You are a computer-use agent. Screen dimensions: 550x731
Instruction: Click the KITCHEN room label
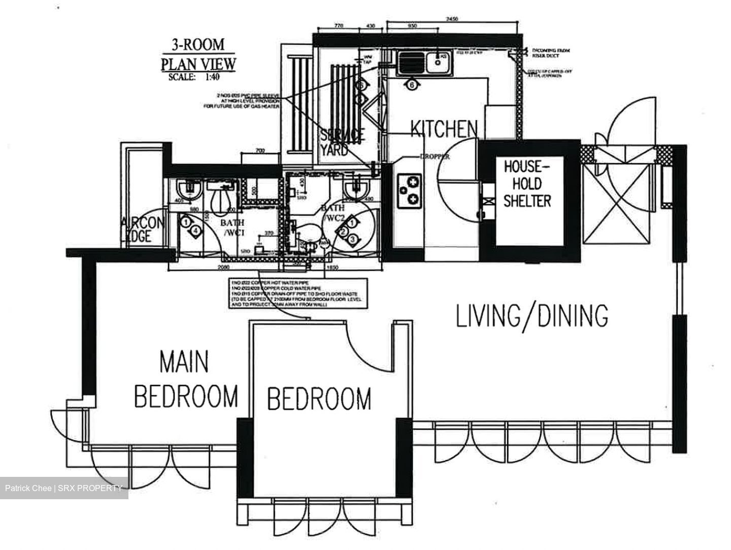444,129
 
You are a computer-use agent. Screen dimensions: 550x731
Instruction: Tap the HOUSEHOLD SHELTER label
527,184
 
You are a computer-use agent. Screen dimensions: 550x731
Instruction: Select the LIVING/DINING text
532,316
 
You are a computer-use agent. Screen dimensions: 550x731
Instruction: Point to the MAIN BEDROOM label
186,379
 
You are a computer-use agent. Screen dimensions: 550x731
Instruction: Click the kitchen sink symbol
424,64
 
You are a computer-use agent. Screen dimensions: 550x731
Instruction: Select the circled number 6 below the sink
412,85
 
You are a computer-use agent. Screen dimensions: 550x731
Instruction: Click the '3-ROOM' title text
198,45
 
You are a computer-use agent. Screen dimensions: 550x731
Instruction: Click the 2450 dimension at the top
452,19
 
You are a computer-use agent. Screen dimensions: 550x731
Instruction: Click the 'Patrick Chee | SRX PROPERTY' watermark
63,489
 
